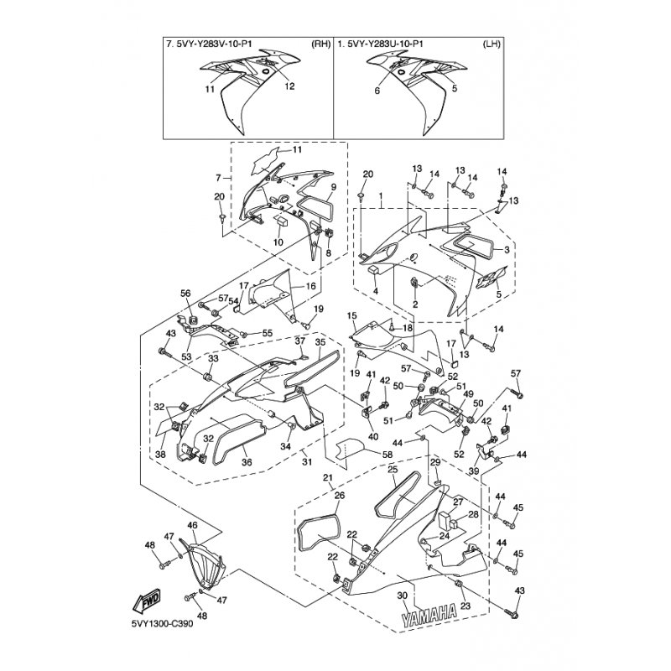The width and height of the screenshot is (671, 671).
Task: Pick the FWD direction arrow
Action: pyautogui.click(x=149, y=599)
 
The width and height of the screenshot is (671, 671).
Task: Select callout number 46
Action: pyautogui.click(x=192, y=525)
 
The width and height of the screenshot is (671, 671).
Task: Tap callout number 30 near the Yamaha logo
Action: pyautogui.click(x=402, y=595)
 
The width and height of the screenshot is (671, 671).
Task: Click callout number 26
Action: pyautogui.click(x=339, y=496)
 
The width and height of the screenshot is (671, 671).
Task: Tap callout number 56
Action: pyautogui.click(x=186, y=293)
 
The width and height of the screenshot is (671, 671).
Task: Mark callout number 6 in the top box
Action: pyautogui.click(x=377, y=90)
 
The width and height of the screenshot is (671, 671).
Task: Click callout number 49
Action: pyautogui.click(x=469, y=394)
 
